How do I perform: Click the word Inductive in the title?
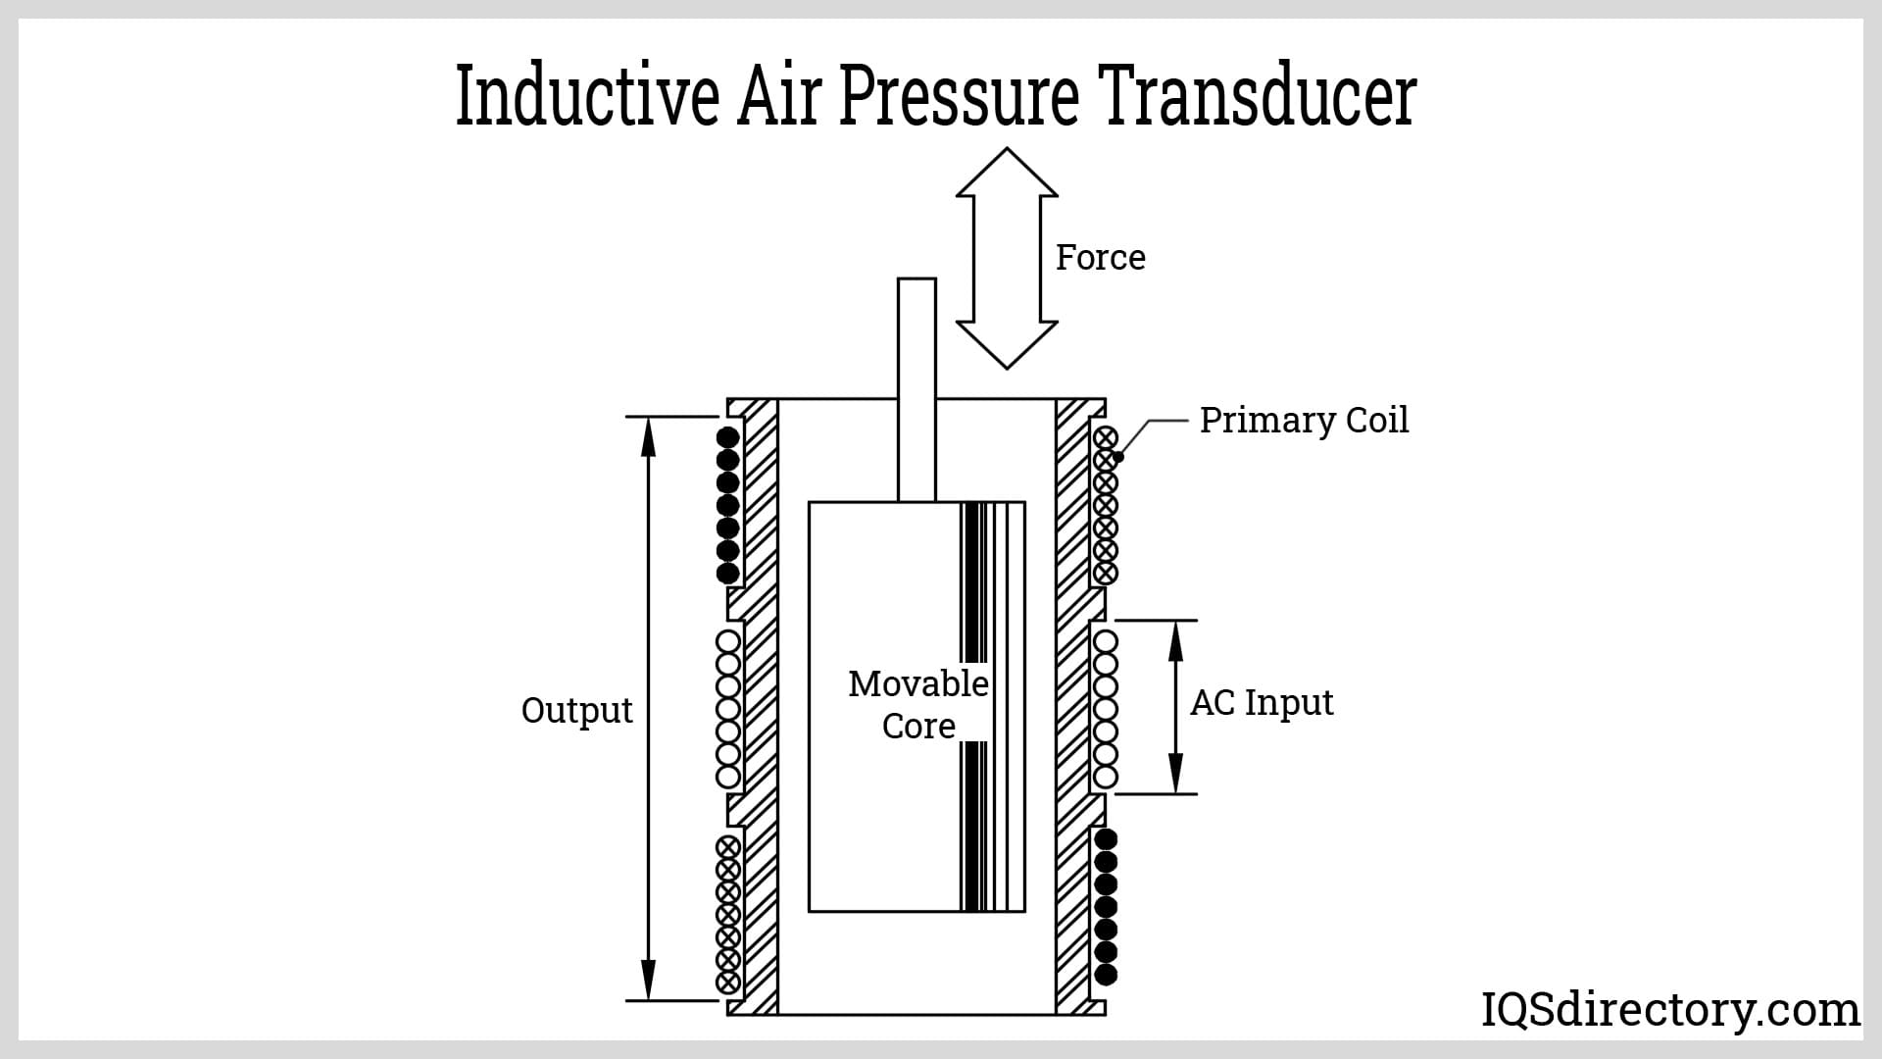tap(586, 96)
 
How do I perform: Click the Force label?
tap(1100, 258)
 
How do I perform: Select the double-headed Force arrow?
tap(1007, 258)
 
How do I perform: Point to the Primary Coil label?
tap(1304, 420)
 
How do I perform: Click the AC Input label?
tap(1262, 703)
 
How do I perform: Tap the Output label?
tap(576, 710)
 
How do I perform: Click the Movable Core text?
tap(918, 704)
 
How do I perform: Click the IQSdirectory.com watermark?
tap(1669, 1009)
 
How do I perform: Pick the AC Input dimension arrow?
tap(1176, 706)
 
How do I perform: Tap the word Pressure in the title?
tap(959, 96)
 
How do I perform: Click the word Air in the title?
tap(778, 96)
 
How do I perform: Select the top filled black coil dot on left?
tap(727, 437)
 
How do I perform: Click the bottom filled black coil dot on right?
tap(1106, 975)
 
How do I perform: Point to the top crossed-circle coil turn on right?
tap(1106, 437)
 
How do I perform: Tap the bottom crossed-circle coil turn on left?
tap(727, 982)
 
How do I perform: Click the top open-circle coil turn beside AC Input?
tap(1106, 642)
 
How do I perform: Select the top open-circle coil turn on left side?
tap(727, 642)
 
